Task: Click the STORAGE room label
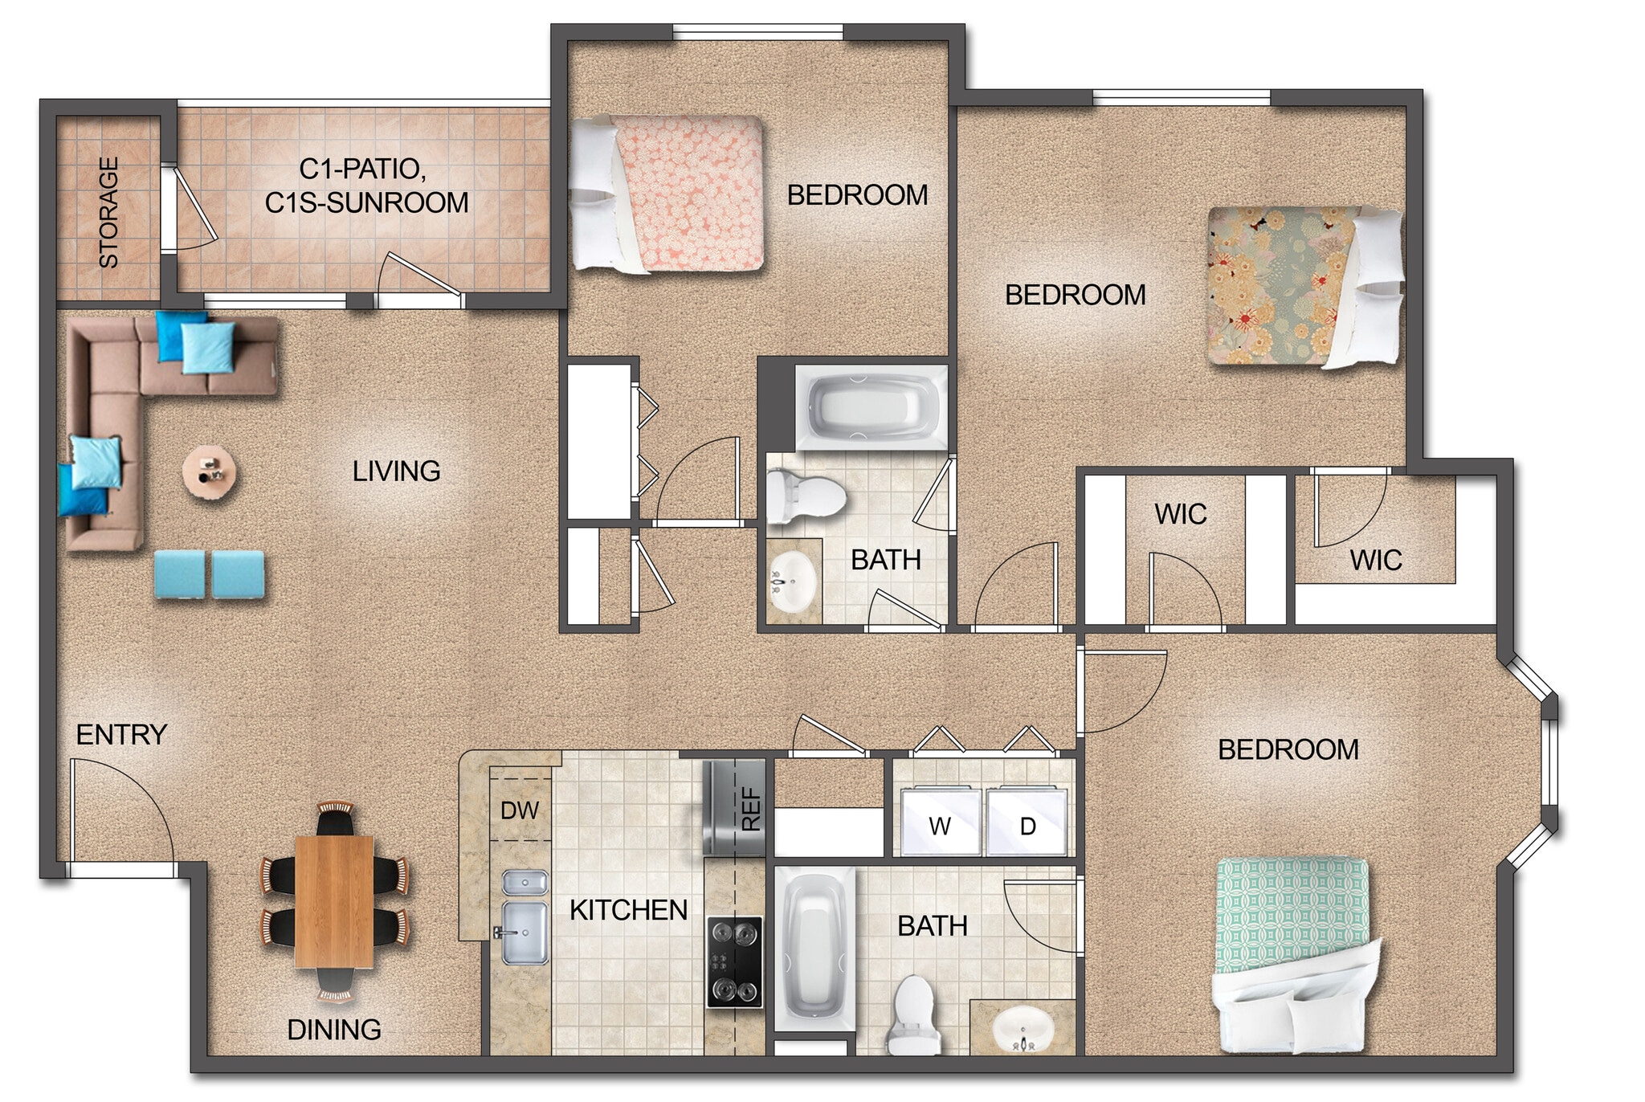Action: [108, 212]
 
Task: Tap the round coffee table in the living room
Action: [210, 473]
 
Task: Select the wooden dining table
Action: [334, 900]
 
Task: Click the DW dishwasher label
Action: [519, 810]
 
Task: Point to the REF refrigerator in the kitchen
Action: [733, 808]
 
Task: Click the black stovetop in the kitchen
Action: [734, 961]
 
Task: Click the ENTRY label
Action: [121, 734]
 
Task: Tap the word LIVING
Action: [396, 471]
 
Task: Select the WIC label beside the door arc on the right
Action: [1375, 560]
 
